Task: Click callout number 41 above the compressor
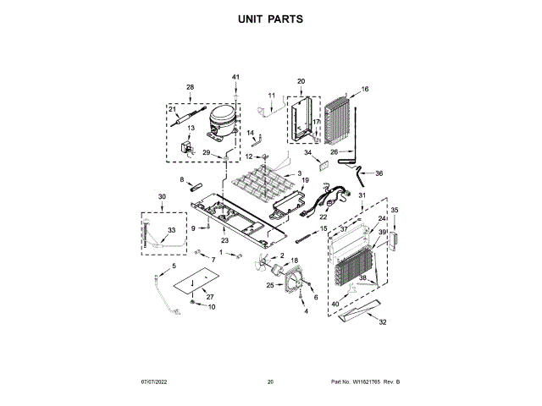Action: coord(236,78)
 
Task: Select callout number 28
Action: coord(190,87)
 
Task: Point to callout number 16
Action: coord(366,89)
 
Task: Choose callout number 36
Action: coord(379,173)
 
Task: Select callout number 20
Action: coord(301,82)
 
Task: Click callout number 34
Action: coord(308,152)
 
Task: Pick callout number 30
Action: coord(162,197)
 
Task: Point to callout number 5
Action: coord(175,266)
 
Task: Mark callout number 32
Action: coord(383,321)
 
